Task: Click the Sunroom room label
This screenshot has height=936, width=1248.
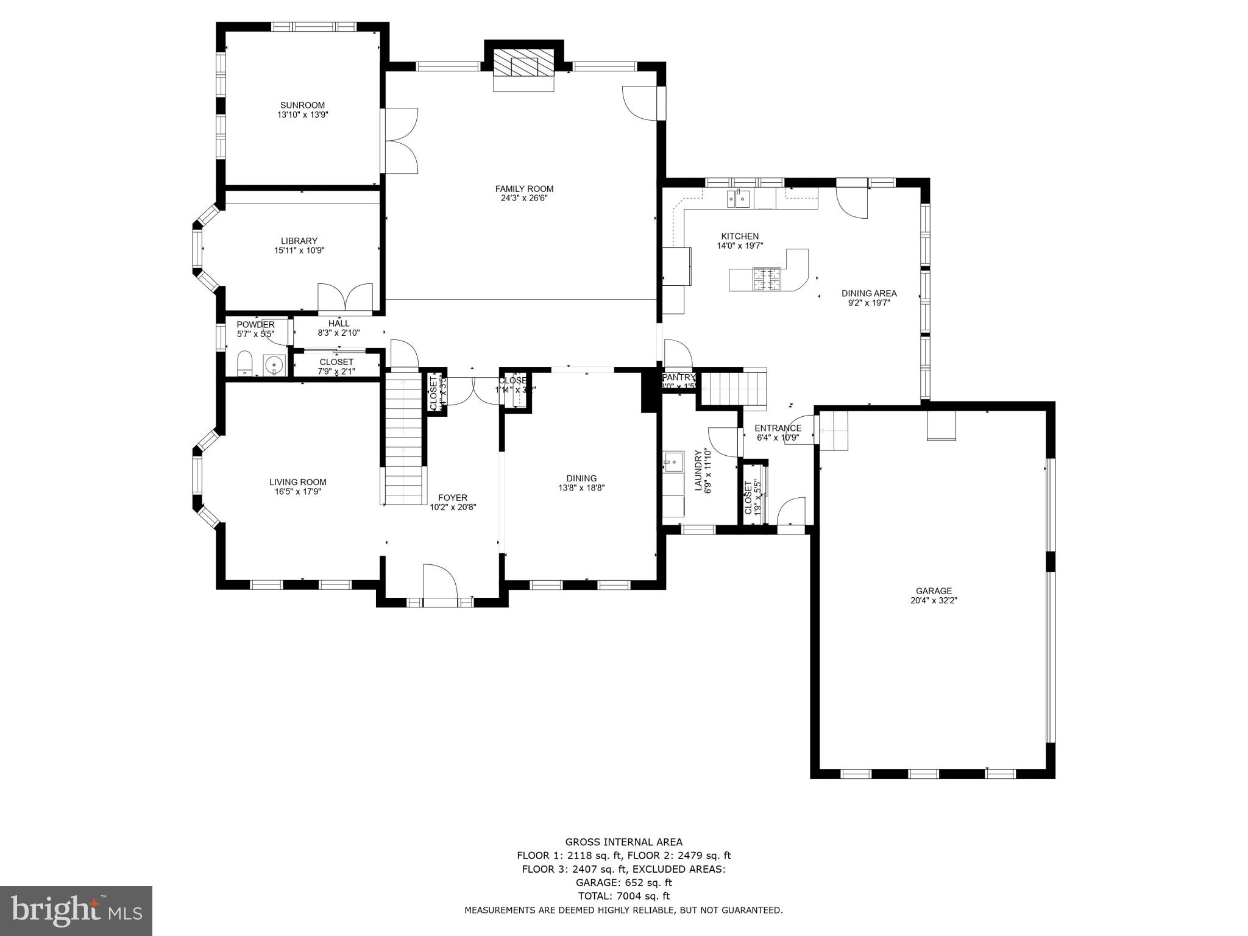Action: pyautogui.click(x=302, y=105)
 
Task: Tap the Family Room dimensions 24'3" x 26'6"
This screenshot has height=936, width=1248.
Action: pyautogui.click(x=524, y=198)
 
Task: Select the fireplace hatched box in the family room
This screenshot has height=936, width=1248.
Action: pyautogui.click(x=523, y=62)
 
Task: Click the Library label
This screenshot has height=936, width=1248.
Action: pyautogui.click(x=299, y=241)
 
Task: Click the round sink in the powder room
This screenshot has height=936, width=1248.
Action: pyautogui.click(x=274, y=365)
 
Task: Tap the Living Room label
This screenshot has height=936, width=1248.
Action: pyautogui.click(x=297, y=482)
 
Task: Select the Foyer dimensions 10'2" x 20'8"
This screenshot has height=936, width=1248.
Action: pyautogui.click(x=452, y=507)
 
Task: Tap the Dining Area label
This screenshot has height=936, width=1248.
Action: pyautogui.click(x=869, y=293)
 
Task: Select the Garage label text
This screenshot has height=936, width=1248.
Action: pyautogui.click(x=934, y=590)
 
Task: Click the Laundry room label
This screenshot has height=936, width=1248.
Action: pyautogui.click(x=698, y=470)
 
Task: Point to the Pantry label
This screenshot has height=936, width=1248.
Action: pyautogui.click(x=678, y=377)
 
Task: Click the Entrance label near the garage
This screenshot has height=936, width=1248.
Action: pyautogui.click(x=778, y=428)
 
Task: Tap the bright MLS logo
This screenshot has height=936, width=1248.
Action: pyautogui.click(x=76, y=910)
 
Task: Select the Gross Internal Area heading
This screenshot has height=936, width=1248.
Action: pyautogui.click(x=623, y=842)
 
